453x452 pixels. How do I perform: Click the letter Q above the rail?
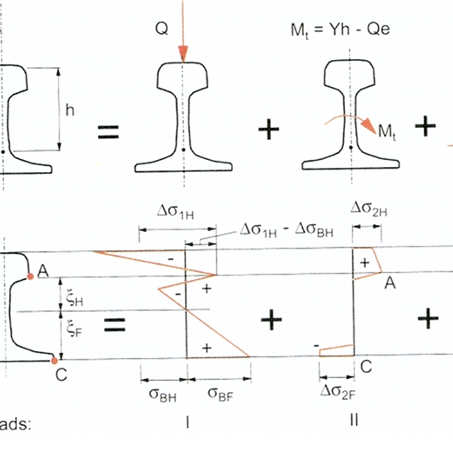click(x=162, y=29)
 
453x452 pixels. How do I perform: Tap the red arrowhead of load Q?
click(x=183, y=53)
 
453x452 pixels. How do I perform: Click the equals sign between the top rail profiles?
click(x=108, y=132)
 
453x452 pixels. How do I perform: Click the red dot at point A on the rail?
click(x=30, y=277)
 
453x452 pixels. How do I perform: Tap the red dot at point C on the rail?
click(x=54, y=361)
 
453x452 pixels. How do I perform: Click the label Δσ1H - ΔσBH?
click(x=287, y=231)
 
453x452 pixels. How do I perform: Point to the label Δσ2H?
click(x=369, y=209)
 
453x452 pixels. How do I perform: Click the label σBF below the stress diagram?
click(x=220, y=394)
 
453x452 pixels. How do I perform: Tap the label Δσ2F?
click(x=338, y=392)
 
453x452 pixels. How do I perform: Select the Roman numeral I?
click(x=187, y=423)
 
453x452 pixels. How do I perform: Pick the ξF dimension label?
click(x=74, y=328)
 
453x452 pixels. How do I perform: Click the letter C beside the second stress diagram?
click(x=366, y=367)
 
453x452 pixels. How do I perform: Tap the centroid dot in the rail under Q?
click(x=183, y=149)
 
